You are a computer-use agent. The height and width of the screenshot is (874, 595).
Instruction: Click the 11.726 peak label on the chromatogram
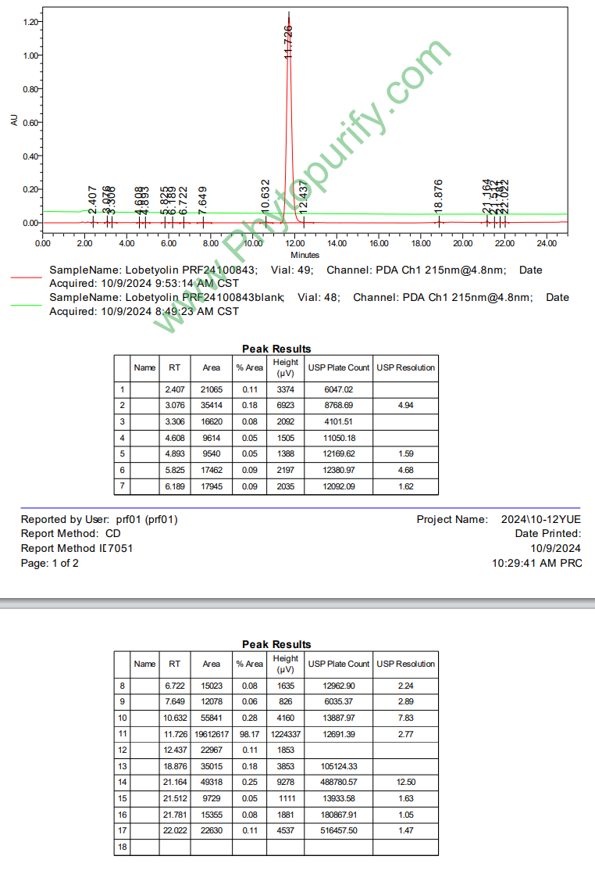tap(288, 41)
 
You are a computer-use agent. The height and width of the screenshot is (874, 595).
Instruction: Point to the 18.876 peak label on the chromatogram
tap(439, 196)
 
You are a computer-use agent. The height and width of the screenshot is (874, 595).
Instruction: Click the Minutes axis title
tap(305, 255)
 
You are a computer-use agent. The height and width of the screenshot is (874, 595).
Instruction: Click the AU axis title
tap(14, 120)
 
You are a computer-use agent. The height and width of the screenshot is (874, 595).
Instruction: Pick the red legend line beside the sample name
tap(27, 277)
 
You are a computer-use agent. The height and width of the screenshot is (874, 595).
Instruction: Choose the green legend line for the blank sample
tap(27, 304)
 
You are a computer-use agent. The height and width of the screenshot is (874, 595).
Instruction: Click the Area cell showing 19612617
tap(211, 735)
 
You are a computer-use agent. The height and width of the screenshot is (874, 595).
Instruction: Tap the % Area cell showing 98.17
tap(250, 735)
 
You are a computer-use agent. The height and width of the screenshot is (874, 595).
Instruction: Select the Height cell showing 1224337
tap(286, 735)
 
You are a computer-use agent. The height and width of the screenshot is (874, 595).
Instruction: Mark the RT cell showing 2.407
tap(174, 389)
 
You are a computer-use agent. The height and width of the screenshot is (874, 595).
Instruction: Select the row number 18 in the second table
tap(122, 847)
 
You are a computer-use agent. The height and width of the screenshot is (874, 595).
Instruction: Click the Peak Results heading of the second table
tap(276, 644)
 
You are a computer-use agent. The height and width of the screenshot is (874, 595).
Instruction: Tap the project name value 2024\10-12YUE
tap(540, 519)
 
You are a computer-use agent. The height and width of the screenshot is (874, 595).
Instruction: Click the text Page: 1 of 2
tap(50, 563)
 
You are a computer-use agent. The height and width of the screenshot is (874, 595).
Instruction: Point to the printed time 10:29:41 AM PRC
tap(536, 563)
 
